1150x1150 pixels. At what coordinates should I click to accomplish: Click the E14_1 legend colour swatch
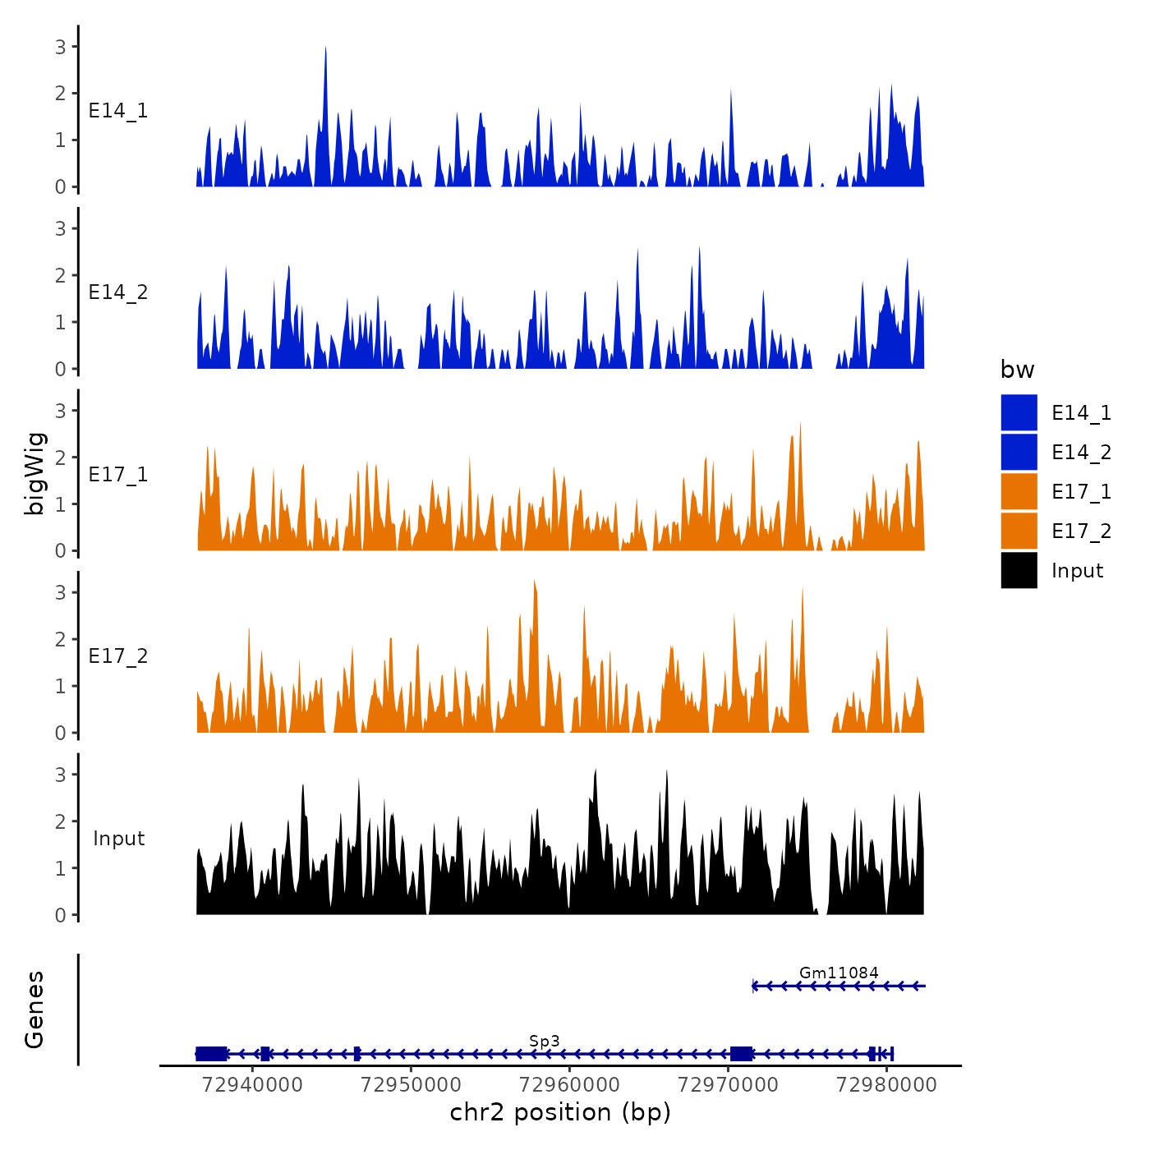click(1019, 412)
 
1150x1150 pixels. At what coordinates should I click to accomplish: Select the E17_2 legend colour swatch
click(1019, 531)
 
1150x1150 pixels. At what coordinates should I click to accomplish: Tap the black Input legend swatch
click(1019, 570)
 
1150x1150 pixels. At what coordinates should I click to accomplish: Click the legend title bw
click(1017, 370)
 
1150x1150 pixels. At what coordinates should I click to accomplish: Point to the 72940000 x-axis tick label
click(252, 1084)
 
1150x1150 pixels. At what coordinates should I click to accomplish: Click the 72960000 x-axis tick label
click(569, 1084)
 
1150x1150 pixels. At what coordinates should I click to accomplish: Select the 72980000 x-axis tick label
click(886, 1084)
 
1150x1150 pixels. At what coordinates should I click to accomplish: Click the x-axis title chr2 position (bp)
click(560, 1112)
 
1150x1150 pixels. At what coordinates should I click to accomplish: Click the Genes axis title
click(34, 1010)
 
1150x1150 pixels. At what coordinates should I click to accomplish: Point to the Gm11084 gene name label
click(839, 973)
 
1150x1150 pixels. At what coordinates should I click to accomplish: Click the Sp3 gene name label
click(545, 1041)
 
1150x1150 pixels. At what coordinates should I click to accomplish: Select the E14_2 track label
click(118, 292)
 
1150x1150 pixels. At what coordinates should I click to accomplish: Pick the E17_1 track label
click(118, 475)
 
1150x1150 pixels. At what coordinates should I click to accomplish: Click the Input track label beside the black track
click(118, 839)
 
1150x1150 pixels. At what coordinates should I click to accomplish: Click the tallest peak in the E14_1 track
click(326, 49)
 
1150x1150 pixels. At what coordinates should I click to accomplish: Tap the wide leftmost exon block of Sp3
click(212, 1054)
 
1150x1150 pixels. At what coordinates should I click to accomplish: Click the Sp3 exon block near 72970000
click(742, 1054)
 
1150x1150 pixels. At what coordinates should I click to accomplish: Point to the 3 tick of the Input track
click(61, 775)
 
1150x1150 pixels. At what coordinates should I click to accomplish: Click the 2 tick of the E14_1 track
click(61, 93)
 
